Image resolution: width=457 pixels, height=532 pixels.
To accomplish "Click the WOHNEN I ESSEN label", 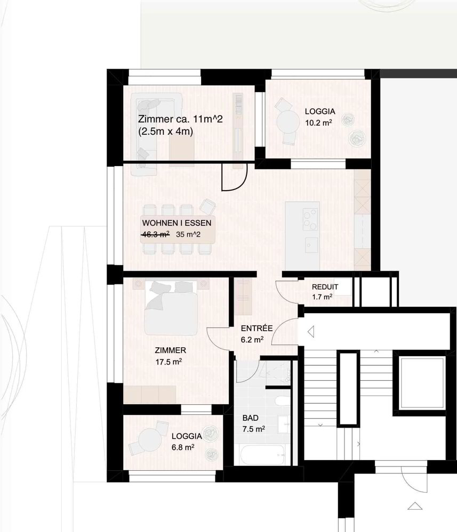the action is point(177,223).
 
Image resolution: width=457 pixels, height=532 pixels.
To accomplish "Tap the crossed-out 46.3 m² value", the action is point(156,234).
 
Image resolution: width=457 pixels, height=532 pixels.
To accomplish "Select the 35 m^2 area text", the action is point(188,234).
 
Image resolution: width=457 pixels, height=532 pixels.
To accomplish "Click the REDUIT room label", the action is point(325,287).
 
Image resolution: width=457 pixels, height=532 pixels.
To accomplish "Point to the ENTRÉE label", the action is point(257,329).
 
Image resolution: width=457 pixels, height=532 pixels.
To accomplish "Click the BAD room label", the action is point(251,418).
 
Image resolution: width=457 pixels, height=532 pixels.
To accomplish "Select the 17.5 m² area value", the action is point(169,362).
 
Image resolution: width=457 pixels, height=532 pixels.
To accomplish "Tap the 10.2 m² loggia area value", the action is point(318,123).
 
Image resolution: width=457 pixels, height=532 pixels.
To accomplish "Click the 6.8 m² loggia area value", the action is point(183,447).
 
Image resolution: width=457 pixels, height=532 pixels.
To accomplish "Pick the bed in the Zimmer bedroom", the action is point(171,308).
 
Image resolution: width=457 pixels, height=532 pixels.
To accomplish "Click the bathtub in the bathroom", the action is point(263,455).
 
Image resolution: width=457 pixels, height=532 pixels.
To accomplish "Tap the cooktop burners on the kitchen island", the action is point(310,219).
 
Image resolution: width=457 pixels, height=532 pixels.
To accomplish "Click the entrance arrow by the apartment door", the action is point(310,332).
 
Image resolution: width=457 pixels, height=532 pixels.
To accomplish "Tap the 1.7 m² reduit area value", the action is point(322,297).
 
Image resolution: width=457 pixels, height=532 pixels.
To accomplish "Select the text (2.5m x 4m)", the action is point(165,132).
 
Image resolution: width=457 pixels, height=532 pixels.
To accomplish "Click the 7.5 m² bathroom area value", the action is point(253,429).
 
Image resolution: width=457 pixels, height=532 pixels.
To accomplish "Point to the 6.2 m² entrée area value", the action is point(252,340).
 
